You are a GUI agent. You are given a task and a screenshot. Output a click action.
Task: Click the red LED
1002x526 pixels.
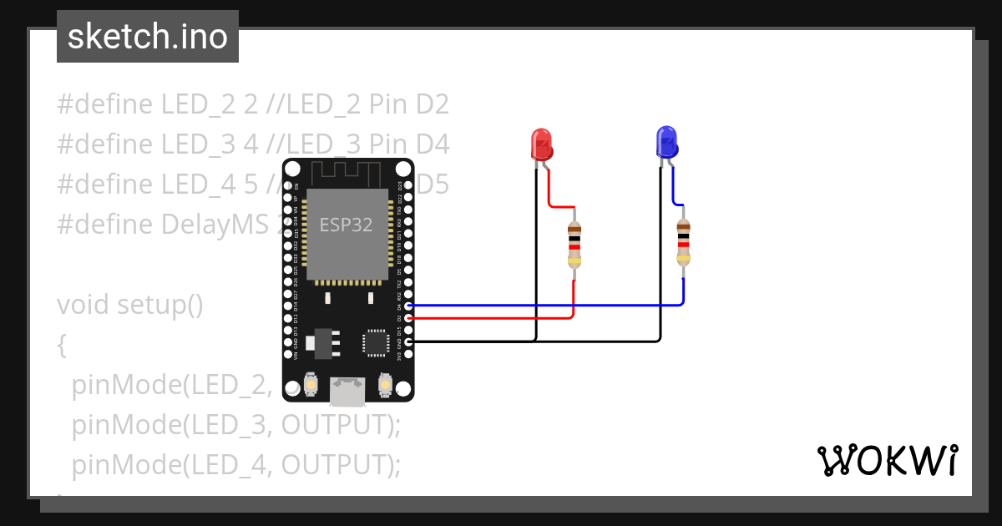tap(541, 144)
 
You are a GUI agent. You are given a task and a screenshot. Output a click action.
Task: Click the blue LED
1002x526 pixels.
tap(666, 143)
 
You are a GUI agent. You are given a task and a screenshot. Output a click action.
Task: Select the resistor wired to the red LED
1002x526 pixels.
tap(574, 245)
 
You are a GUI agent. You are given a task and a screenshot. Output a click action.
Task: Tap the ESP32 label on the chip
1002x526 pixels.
tap(346, 225)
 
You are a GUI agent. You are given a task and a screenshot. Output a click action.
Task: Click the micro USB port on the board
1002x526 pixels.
tap(347, 388)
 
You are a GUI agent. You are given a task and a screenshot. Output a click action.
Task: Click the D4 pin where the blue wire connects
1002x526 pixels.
tap(408, 306)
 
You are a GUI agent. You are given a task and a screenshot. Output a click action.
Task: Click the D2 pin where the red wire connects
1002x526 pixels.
tap(408, 318)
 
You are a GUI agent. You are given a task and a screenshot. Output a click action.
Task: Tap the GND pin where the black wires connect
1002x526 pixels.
tap(408, 341)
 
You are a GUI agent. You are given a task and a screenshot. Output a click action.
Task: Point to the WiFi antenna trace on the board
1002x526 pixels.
tap(347, 173)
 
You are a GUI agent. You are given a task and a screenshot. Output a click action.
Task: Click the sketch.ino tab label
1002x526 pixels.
tap(148, 37)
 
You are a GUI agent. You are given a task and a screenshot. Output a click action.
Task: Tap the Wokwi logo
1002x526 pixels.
tap(887, 460)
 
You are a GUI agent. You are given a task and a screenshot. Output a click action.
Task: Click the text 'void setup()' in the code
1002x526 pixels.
tap(130, 305)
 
